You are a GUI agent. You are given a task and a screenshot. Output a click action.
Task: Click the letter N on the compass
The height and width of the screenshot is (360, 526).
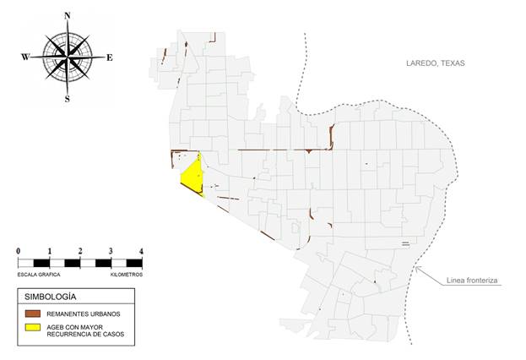point(68,16)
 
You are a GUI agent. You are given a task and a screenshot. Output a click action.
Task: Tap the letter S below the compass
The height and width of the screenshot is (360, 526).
point(68,98)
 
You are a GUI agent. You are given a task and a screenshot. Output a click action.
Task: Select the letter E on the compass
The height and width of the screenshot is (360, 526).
point(110,57)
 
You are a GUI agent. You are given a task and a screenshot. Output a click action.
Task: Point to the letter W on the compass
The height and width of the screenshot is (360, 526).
point(25,57)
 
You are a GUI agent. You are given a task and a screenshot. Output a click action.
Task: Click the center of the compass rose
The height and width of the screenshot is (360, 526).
point(68,57)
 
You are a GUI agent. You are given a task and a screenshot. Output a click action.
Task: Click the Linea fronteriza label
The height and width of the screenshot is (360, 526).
point(473,280)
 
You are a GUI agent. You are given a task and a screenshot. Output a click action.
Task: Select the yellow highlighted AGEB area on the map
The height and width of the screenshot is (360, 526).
point(193,176)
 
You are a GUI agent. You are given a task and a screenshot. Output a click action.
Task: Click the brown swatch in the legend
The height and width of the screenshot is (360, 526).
point(34,314)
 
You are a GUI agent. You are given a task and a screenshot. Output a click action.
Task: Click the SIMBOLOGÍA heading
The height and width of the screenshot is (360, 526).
point(51,297)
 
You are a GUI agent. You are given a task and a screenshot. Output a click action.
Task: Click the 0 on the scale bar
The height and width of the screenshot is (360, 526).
point(19,251)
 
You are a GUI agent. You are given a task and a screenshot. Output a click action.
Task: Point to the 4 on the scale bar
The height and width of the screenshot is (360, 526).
point(141,251)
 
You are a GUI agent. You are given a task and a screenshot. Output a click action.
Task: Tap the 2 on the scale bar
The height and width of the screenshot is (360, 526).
point(80,251)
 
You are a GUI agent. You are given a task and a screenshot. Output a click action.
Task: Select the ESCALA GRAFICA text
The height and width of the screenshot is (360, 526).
point(38,275)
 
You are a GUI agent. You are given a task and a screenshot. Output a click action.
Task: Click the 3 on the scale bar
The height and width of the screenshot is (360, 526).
point(111,251)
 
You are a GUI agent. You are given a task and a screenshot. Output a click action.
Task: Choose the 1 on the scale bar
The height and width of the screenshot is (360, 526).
point(50,251)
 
